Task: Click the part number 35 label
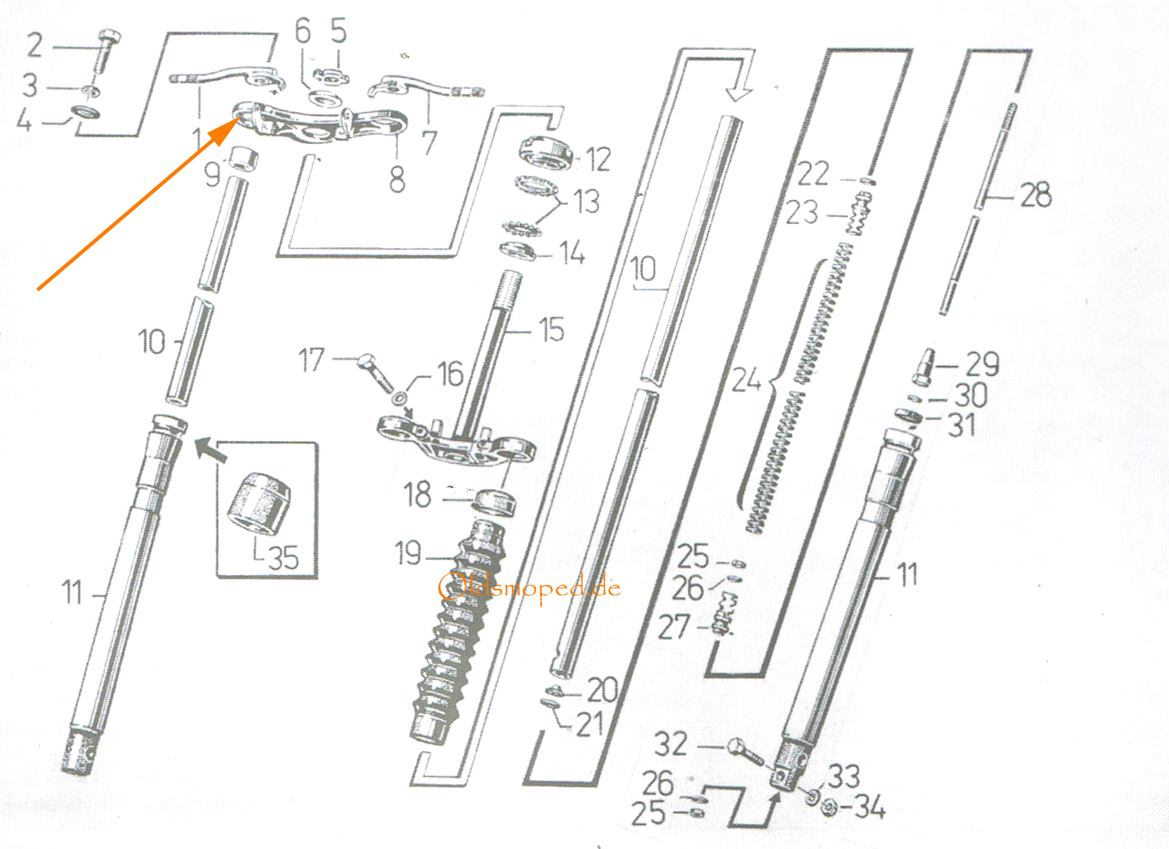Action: tap(283, 557)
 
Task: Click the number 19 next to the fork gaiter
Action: tap(408, 553)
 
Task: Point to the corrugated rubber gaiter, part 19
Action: tap(457, 632)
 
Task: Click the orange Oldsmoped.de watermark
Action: tap(530, 587)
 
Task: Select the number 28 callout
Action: tap(1036, 195)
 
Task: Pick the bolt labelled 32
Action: tap(745, 753)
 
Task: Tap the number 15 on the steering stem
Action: tap(552, 329)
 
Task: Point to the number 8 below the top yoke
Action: tap(397, 180)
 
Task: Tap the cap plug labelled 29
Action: tap(924, 367)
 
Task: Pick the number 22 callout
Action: tap(813, 173)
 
